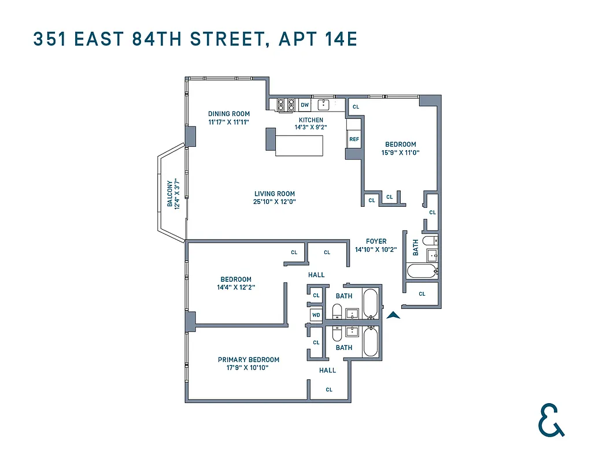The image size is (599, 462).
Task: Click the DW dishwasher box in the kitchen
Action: (305, 105)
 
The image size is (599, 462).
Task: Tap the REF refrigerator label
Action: (354, 139)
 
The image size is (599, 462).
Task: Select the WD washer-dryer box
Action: (316, 315)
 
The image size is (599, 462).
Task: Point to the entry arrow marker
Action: (393, 315)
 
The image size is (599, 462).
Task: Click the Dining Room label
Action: (229, 114)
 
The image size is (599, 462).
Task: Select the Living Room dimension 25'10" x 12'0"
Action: (275, 202)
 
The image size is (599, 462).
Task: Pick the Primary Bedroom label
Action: (248, 359)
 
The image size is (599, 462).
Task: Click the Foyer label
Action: (376, 241)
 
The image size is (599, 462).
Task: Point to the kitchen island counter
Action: (298, 145)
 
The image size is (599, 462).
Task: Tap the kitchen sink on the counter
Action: (324, 105)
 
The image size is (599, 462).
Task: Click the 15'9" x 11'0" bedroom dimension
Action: (401, 152)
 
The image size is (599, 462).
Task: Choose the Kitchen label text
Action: (310, 120)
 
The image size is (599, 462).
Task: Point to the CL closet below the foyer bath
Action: (421, 294)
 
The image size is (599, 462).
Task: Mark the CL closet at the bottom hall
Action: (329, 389)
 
